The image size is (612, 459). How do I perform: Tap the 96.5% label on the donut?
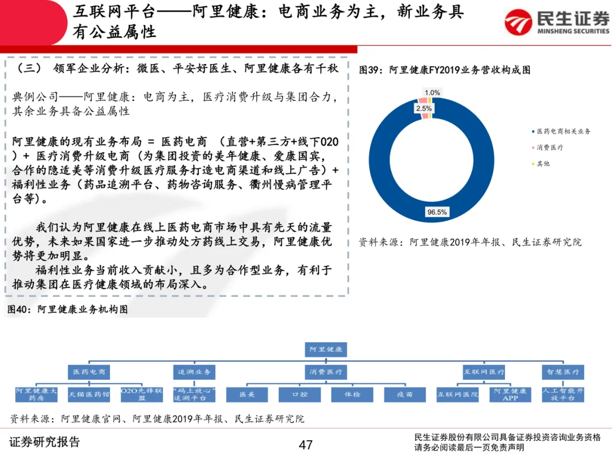437,212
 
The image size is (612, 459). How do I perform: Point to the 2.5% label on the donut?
424,108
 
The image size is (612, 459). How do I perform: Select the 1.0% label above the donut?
432,92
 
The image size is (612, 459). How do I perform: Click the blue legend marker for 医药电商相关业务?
533,131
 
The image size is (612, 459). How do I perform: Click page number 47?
306,445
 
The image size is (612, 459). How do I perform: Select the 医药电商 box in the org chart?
88,372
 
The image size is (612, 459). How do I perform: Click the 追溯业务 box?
194,372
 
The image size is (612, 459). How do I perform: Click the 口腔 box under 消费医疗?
300,394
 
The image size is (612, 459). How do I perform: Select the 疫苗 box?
405,394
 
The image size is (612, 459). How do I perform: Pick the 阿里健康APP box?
510,394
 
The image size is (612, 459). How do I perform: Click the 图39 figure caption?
445,70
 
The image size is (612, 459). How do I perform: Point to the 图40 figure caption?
67,309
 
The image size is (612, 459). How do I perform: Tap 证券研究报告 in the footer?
45,442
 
